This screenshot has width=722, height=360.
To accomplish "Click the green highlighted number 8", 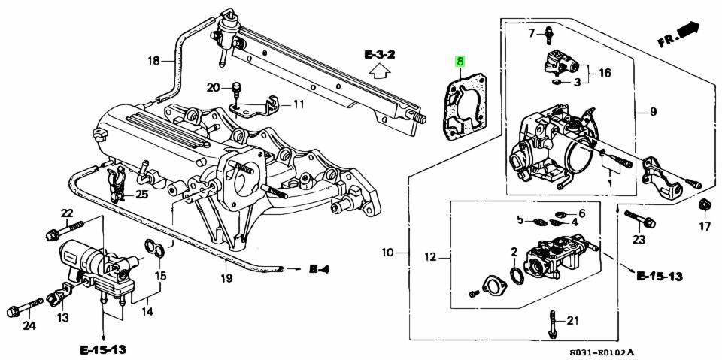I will [460, 62].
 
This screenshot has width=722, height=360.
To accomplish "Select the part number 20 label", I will [213, 87].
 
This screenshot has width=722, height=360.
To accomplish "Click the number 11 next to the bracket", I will [299, 104].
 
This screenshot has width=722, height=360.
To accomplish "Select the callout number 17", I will [705, 226].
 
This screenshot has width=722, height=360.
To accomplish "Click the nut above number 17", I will [704, 204].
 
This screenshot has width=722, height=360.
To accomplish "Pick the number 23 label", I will [639, 241].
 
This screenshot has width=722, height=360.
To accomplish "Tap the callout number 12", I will [429, 258].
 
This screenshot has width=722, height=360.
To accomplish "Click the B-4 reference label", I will [318, 268].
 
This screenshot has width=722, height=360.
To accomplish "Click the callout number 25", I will [141, 194].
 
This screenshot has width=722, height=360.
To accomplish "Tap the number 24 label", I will [29, 325].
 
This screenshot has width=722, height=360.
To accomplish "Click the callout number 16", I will [605, 73].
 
